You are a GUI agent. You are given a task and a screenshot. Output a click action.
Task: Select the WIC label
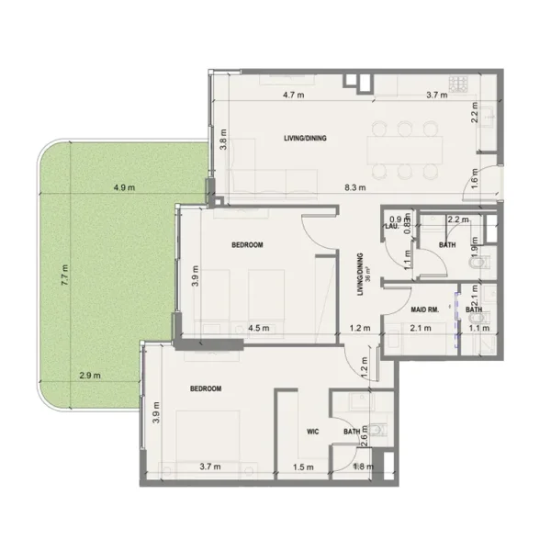[x=312, y=430]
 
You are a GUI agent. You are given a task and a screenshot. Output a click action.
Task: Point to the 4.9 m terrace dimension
[x=124, y=188]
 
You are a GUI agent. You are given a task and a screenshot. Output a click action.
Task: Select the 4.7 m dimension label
[x=293, y=95]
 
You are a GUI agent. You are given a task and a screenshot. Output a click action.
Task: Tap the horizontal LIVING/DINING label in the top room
[x=306, y=139]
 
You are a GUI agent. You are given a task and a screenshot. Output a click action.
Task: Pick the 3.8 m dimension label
[x=222, y=144]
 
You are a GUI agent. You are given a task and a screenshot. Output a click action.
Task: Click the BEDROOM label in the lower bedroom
[x=206, y=388]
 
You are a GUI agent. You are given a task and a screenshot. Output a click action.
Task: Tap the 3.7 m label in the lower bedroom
[x=210, y=467]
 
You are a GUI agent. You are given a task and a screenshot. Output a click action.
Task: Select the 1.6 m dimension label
[x=475, y=180]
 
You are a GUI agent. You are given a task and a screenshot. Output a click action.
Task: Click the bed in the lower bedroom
[x=207, y=432]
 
